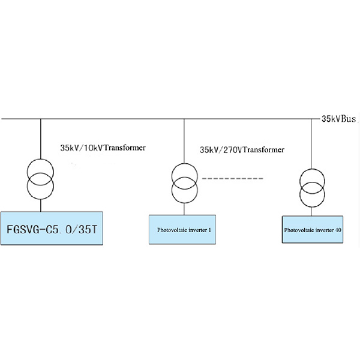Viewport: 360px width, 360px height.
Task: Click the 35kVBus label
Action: click(x=340, y=119)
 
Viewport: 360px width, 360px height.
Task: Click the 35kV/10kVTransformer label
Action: click(x=103, y=148)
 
